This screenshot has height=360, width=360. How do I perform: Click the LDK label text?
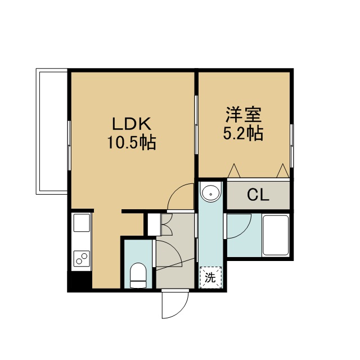[132, 124]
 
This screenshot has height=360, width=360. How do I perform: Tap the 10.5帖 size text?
[132, 142]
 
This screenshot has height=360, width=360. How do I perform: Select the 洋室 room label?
[244, 114]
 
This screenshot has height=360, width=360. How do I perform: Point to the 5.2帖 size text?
[243, 133]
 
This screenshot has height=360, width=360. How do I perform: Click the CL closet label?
[258, 195]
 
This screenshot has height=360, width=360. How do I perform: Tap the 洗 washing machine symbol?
[210, 277]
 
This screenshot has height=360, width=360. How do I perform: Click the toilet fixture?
[138, 275]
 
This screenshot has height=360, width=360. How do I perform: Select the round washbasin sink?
[210, 192]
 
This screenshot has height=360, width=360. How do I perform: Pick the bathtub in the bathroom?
[276, 235]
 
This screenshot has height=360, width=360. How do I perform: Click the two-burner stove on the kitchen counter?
[82, 259]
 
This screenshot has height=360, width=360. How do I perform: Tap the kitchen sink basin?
[82, 223]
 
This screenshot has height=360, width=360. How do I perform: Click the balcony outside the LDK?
[52, 131]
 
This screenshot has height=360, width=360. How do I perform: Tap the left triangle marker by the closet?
[234, 170]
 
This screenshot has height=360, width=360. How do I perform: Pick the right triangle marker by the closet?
[282, 170]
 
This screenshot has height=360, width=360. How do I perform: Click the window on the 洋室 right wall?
[291, 146]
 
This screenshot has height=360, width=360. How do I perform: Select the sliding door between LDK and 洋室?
[196, 125]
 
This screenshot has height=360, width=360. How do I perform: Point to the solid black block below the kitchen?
[80, 280]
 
